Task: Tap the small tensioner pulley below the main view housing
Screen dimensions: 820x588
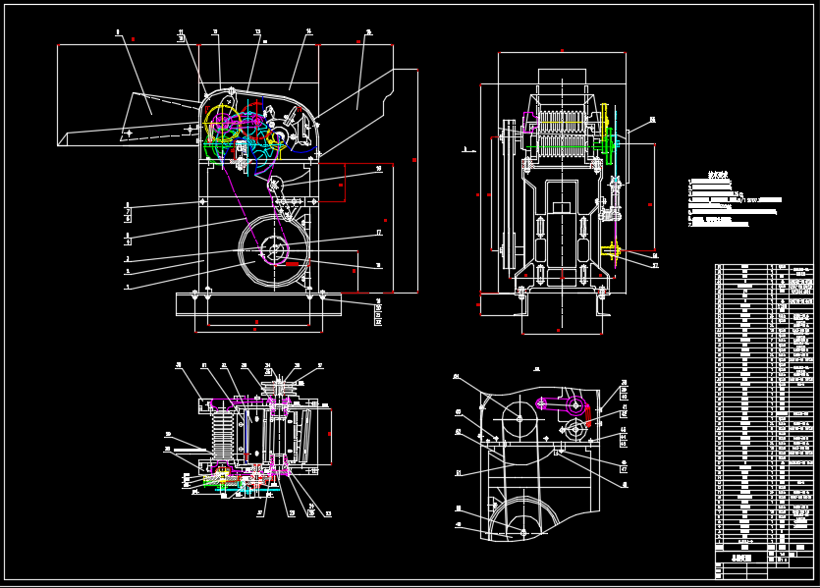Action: [x=274, y=184]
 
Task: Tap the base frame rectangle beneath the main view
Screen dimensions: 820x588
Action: [x=258, y=304]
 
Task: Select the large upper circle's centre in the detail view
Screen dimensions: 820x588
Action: [x=519, y=420]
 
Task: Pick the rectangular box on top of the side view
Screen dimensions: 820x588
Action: [x=562, y=80]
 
